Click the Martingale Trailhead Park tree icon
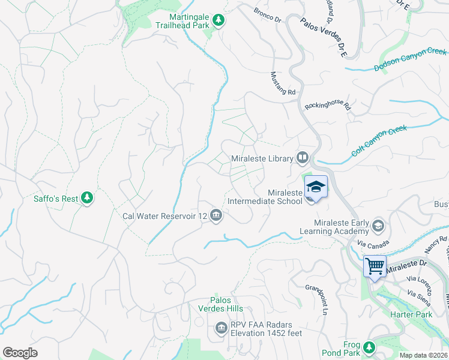click(219, 20)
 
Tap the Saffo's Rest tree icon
click(88, 197)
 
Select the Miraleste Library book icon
click(302, 158)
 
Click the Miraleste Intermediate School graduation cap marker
click(316, 187)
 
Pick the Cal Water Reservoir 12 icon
click(216, 215)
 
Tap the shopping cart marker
click(375, 266)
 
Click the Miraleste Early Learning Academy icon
click(378, 226)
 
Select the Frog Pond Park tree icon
click(369, 346)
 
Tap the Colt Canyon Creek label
click(379, 140)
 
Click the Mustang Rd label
click(282, 83)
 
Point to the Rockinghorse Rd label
click(327, 105)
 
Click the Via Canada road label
click(370, 244)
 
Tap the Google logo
click(20, 352)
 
